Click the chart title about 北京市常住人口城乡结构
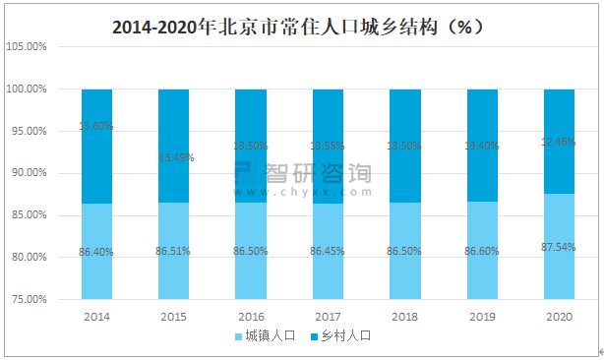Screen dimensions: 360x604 click(302, 26)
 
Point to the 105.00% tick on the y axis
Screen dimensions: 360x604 click(27, 46)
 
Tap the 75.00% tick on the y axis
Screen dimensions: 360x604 click(27, 299)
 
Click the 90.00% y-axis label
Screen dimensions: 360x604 click(27, 173)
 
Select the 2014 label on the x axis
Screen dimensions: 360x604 click(96, 317)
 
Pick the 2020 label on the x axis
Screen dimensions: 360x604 click(559, 317)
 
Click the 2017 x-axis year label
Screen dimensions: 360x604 click(328, 317)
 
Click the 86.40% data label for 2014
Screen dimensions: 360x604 click(96, 253)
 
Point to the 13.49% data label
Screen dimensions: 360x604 click(174, 157)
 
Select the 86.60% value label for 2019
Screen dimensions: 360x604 click(482, 253)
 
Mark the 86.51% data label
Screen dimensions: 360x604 click(174, 253)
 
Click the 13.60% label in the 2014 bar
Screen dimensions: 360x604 click(96, 126)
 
